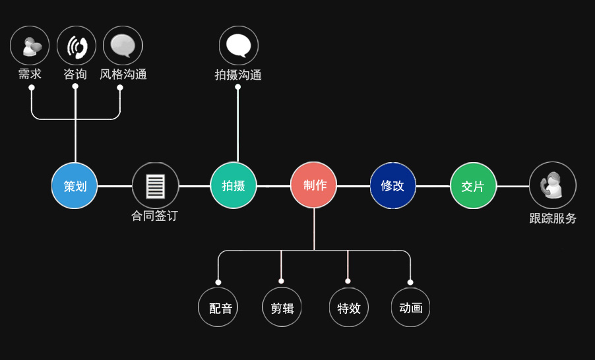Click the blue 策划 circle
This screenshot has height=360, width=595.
tap(75, 185)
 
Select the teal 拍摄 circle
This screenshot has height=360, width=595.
tap(234, 185)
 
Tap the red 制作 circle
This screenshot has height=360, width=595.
tap(314, 185)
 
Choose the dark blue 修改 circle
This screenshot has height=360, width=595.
tap(393, 185)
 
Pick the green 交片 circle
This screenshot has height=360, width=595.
tap(473, 185)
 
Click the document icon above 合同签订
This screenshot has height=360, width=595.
tap(156, 185)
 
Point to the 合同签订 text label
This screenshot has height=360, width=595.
tap(154, 216)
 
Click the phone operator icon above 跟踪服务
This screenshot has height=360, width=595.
tap(552, 185)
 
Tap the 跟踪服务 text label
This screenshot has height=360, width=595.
tap(553, 218)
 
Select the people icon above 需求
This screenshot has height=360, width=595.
tap(30, 45)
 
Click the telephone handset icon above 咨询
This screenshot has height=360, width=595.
tap(77, 45)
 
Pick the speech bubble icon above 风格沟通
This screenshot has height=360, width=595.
tap(123, 45)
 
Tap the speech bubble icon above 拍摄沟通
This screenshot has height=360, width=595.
tap(238, 45)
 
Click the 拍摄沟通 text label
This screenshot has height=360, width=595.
tap(238, 75)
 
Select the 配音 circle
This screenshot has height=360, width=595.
tap(218, 307)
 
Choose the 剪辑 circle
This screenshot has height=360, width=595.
tap(282, 307)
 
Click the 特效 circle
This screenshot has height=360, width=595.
tap(348, 307)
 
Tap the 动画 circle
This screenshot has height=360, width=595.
tap(410, 307)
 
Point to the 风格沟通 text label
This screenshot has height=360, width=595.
tap(123, 75)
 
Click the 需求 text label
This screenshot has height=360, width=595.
tap(30, 74)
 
